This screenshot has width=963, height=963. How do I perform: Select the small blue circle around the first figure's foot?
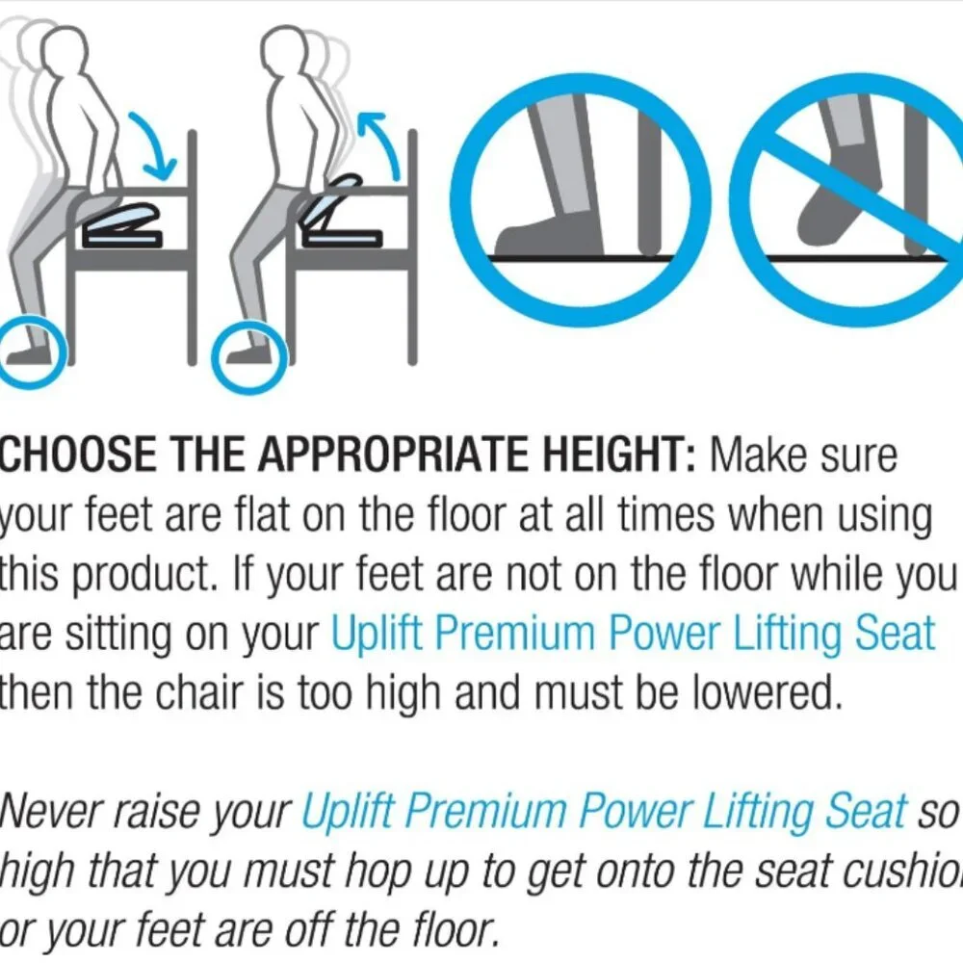point(31,351)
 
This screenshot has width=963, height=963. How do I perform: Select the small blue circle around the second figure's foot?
point(249,356)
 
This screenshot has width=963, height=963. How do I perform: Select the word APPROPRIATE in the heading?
point(384,455)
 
